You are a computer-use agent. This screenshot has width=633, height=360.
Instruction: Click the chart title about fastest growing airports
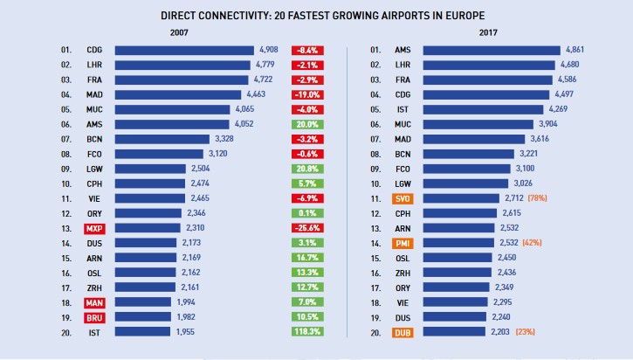tap(316, 17)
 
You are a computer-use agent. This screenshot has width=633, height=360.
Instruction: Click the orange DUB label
tap(403, 333)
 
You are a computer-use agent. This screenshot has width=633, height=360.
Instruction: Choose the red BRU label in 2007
tap(95, 317)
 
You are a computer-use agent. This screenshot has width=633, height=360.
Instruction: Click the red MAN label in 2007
tap(95, 301)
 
